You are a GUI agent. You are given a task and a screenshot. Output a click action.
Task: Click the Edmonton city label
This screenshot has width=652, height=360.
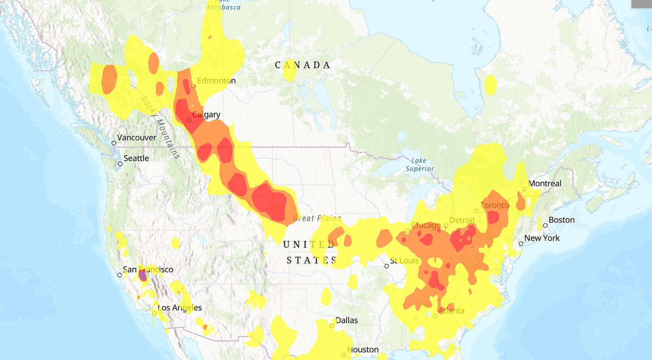(x=216, y=81)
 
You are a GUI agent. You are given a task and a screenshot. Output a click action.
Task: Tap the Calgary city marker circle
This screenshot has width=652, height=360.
(x=189, y=120)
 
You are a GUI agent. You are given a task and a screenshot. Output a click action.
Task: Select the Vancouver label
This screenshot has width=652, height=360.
(x=137, y=138)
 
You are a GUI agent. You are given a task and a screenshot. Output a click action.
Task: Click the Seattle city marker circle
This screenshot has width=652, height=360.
(x=120, y=164)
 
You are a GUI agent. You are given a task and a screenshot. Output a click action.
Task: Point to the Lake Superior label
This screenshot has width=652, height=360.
(x=420, y=165)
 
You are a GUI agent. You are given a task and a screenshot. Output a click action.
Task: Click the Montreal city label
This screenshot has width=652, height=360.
(x=545, y=184)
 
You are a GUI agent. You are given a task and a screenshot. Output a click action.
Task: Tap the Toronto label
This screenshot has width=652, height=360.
(x=494, y=205)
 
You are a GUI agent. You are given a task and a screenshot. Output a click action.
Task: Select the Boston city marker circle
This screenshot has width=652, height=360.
(x=545, y=226)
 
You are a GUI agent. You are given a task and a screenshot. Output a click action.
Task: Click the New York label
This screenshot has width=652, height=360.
(x=542, y=238)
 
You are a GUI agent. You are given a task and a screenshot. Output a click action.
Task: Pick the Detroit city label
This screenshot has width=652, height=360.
(x=462, y=220)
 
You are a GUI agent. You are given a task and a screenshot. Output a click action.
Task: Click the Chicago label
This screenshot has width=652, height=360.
(x=426, y=225)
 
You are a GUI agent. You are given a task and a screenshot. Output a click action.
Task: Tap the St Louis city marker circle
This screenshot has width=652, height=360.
(x=386, y=266)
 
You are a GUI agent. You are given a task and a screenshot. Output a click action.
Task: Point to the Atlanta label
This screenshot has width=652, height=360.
(x=451, y=311)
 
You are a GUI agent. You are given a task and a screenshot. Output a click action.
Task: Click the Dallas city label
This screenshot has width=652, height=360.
(x=346, y=320)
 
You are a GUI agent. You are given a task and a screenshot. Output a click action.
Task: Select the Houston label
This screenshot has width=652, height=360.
(x=363, y=350)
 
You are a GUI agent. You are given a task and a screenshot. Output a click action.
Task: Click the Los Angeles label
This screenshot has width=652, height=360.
(x=180, y=308)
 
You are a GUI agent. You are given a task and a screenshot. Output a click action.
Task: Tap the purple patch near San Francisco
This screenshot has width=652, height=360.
(x=143, y=276)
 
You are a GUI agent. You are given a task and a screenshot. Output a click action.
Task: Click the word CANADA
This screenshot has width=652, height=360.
(x=302, y=65)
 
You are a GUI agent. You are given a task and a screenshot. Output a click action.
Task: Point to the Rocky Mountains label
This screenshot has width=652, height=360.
(x=160, y=128)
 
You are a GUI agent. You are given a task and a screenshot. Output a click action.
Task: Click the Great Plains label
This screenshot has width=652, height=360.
(x=317, y=218)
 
